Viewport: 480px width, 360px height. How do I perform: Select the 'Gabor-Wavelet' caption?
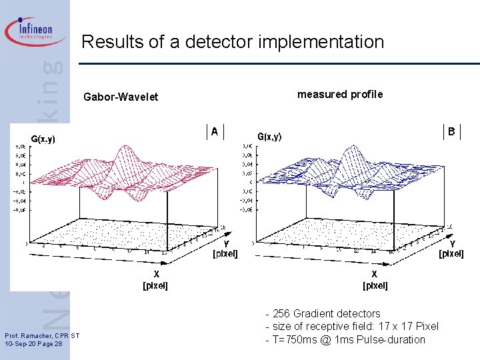coord(121,97)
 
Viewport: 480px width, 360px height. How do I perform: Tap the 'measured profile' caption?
coord(340,94)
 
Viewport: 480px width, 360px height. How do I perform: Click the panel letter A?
coord(215,132)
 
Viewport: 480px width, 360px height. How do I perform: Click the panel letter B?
coord(451,132)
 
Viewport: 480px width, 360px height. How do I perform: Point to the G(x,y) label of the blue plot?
coord(269,137)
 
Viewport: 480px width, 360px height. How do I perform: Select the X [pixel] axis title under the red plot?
coord(156,280)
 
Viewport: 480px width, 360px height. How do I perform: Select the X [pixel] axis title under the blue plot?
coord(375,280)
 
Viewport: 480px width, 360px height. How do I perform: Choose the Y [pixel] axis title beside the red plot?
coord(225,249)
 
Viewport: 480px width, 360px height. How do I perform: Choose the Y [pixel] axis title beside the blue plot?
coord(451,249)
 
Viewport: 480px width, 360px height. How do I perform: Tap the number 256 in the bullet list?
coord(281,313)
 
